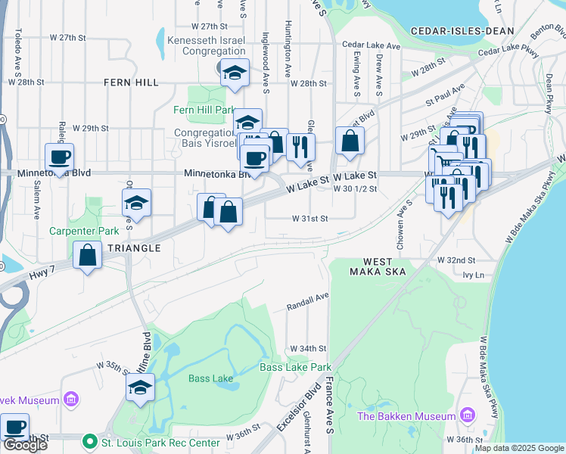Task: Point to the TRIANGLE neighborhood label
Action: (x=134, y=248)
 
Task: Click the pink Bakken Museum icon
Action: (x=467, y=415)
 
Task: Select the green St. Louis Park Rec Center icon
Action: (x=89, y=440)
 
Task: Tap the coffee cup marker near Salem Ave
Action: (x=59, y=157)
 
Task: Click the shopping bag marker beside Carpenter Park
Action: (x=88, y=255)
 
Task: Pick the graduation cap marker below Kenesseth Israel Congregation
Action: (x=235, y=73)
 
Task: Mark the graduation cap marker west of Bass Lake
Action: (x=140, y=387)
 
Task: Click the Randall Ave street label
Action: (x=307, y=303)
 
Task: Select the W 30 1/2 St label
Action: (x=355, y=189)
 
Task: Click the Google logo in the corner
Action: (x=25, y=445)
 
